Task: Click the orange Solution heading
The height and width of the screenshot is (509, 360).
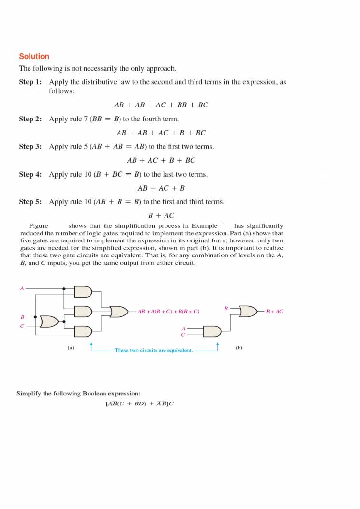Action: click(x=34, y=56)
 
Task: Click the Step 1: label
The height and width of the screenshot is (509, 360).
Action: click(x=30, y=82)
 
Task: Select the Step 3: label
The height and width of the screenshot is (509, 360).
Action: click(x=30, y=146)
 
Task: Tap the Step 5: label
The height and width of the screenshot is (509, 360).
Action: click(x=30, y=202)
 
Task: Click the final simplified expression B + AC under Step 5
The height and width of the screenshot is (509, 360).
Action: click(x=161, y=216)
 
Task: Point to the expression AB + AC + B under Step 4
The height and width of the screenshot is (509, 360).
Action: click(x=161, y=188)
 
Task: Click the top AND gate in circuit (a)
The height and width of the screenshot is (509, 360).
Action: click(x=83, y=292)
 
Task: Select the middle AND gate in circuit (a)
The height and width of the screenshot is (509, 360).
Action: click(x=83, y=311)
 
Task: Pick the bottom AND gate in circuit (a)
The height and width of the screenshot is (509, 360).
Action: click(x=83, y=331)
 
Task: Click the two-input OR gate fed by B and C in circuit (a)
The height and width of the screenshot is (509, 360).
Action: click(x=49, y=321)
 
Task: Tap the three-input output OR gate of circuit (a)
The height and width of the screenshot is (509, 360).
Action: click(x=119, y=312)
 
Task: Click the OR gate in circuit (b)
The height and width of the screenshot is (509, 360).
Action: click(x=248, y=311)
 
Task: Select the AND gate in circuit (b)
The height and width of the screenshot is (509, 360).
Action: click(x=212, y=331)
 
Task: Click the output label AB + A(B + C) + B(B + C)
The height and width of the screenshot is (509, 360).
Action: click(x=168, y=312)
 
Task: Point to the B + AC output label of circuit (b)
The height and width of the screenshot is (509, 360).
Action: click(x=274, y=312)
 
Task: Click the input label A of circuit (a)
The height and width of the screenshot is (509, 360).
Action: click(x=22, y=289)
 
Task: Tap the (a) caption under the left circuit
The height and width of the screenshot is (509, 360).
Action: click(x=71, y=347)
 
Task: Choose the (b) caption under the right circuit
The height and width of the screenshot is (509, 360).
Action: click(x=239, y=347)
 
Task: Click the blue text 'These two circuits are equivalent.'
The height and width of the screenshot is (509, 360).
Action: click(x=153, y=350)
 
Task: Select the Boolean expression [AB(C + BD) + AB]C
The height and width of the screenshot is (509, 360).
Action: click(x=139, y=404)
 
